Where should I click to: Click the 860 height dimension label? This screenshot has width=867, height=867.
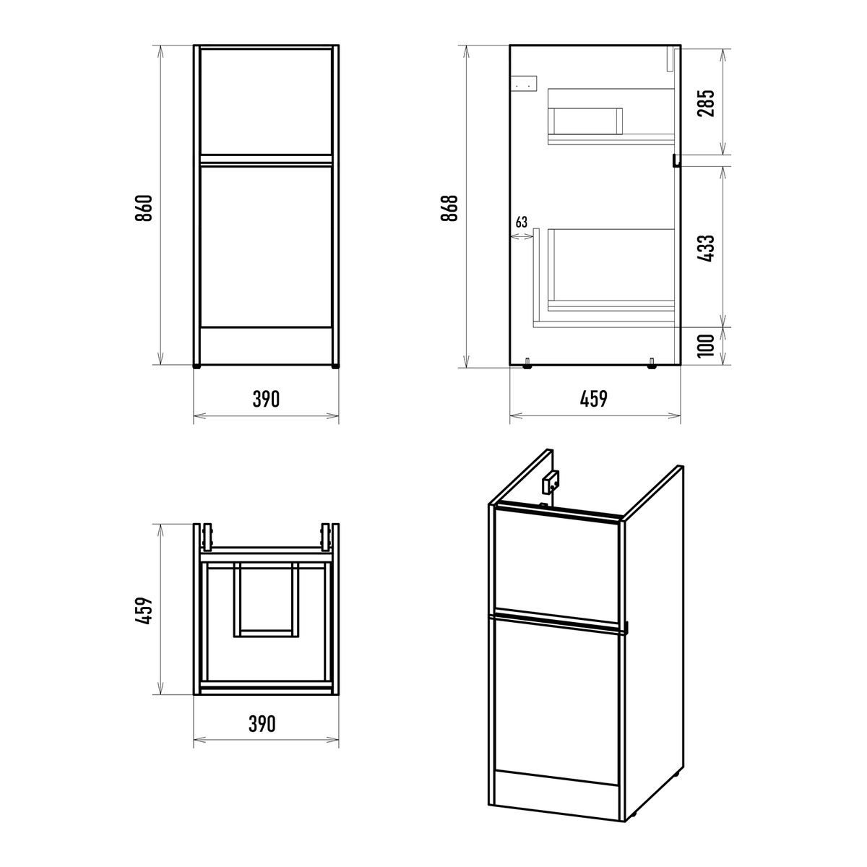(x=144, y=207)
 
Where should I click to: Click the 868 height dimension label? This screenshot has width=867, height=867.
(x=449, y=207)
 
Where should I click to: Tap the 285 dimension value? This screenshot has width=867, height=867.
(x=705, y=103)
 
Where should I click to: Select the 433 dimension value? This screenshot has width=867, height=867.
(x=705, y=249)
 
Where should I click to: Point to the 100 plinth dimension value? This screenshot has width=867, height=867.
(x=705, y=345)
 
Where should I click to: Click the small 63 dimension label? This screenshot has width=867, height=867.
(x=521, y=223)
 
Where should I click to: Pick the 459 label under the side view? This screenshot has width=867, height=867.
(x=594, y=399)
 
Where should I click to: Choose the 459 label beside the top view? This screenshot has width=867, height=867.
(x=144, y=611)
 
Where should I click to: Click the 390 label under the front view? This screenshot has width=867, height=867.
(x=266, y=399)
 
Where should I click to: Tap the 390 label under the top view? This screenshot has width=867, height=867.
(x=262, y=724)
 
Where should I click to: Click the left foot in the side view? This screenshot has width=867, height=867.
(x=527, y=363)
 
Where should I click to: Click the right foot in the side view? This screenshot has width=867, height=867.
(x=652, y=363)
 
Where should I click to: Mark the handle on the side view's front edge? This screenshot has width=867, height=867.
(x=676, y=160)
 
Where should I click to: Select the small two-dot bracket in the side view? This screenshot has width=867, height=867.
(x=525, y=83)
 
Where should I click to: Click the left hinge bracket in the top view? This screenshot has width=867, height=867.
(x=207, y=538)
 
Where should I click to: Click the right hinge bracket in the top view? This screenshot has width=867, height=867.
(x=326, y=538)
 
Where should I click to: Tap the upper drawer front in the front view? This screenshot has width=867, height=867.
(x=267, y=102)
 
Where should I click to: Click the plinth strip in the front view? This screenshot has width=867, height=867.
(x=267, y=345)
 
